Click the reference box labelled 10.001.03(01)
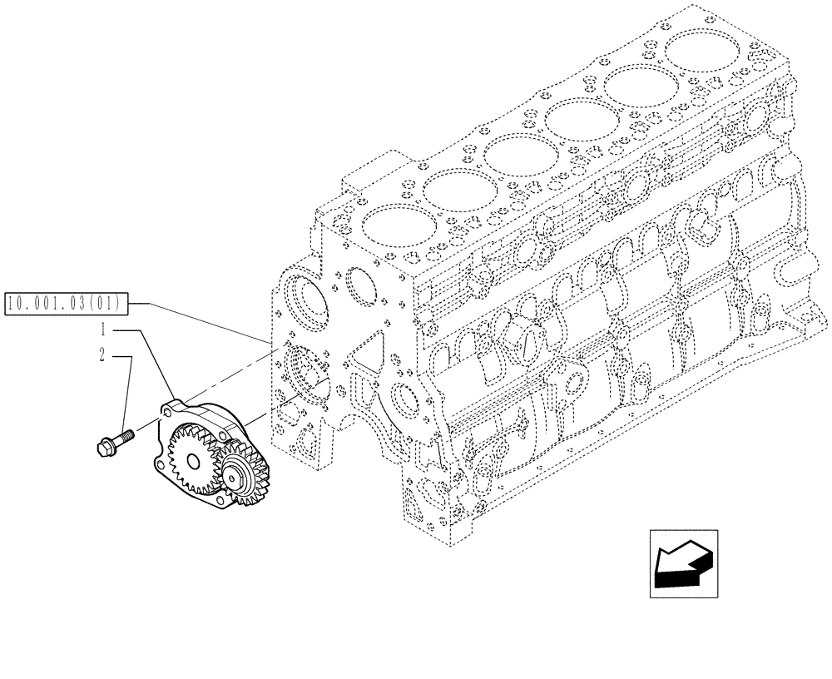(x=65, y=304)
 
